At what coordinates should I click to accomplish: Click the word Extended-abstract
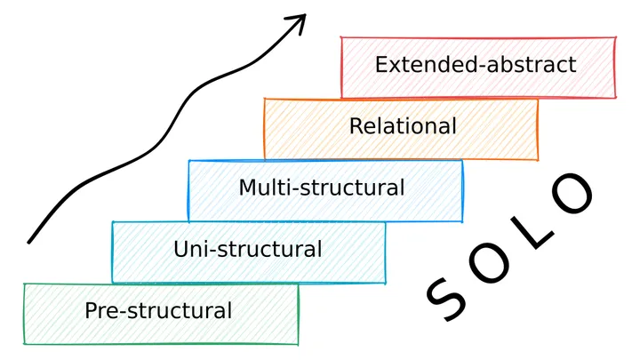point(475,64)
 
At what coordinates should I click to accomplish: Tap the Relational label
point(403,125)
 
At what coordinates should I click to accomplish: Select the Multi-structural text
point(321,188)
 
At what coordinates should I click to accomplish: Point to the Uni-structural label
point(248,249)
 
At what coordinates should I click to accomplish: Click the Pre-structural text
point(158,310)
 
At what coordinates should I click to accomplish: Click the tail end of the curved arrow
point(30,240)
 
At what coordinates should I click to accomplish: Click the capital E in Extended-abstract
point(381,64)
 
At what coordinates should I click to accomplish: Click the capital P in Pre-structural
point(91,310)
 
